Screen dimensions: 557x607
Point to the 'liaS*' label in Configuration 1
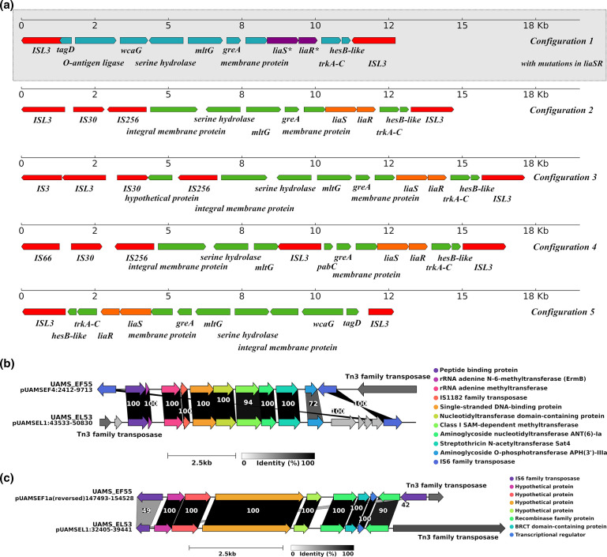(281, 51)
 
